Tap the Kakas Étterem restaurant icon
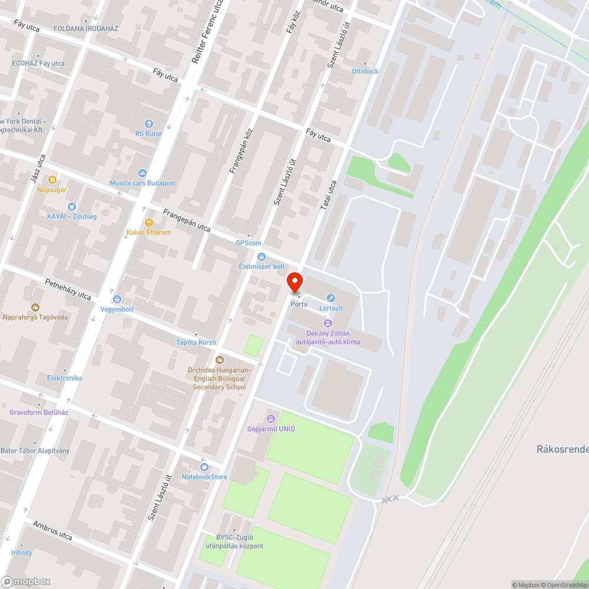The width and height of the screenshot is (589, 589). tap(148, 223)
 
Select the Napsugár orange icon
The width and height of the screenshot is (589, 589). tap(52, 180)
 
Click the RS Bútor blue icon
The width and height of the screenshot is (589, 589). tap(148, 124)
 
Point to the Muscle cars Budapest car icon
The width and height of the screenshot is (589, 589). tap(142, 173)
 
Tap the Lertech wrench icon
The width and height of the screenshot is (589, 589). tap(330, 298)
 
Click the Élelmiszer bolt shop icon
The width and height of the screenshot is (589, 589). tap(262, 257)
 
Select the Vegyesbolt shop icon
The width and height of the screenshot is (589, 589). tap(117, 299)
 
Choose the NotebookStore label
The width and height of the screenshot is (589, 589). tap(204, 477)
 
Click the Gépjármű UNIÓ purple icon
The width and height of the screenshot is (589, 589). tap(271, 419)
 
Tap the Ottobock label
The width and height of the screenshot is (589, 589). tap(365, 71)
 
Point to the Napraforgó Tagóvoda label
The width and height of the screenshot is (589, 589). tap(35, 317)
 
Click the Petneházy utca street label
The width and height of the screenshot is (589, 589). tap(68, 289)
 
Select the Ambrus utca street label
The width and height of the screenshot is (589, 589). tap(52, 531)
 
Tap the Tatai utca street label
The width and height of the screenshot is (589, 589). tap(329, 195)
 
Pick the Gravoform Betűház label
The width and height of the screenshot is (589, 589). tap(39, 412)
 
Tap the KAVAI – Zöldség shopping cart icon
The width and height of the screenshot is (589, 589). tap(72, 207)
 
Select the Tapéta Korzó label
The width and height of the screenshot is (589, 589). tap(197, 342)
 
